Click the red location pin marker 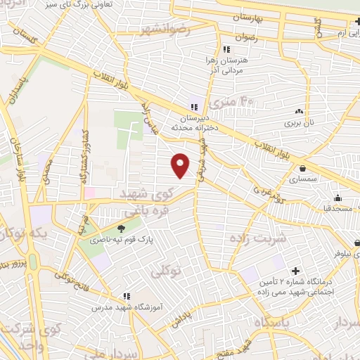(x=181, y=165)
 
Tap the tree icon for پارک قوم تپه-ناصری (x=121, y=227)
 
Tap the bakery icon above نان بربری (x=300, y=110)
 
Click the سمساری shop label (x=303, y=179)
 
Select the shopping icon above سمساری (x=302, y=169)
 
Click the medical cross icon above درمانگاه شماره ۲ (x=295, y=271)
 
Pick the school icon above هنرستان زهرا (x=226, y=49)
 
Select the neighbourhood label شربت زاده (x=258, y=238)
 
